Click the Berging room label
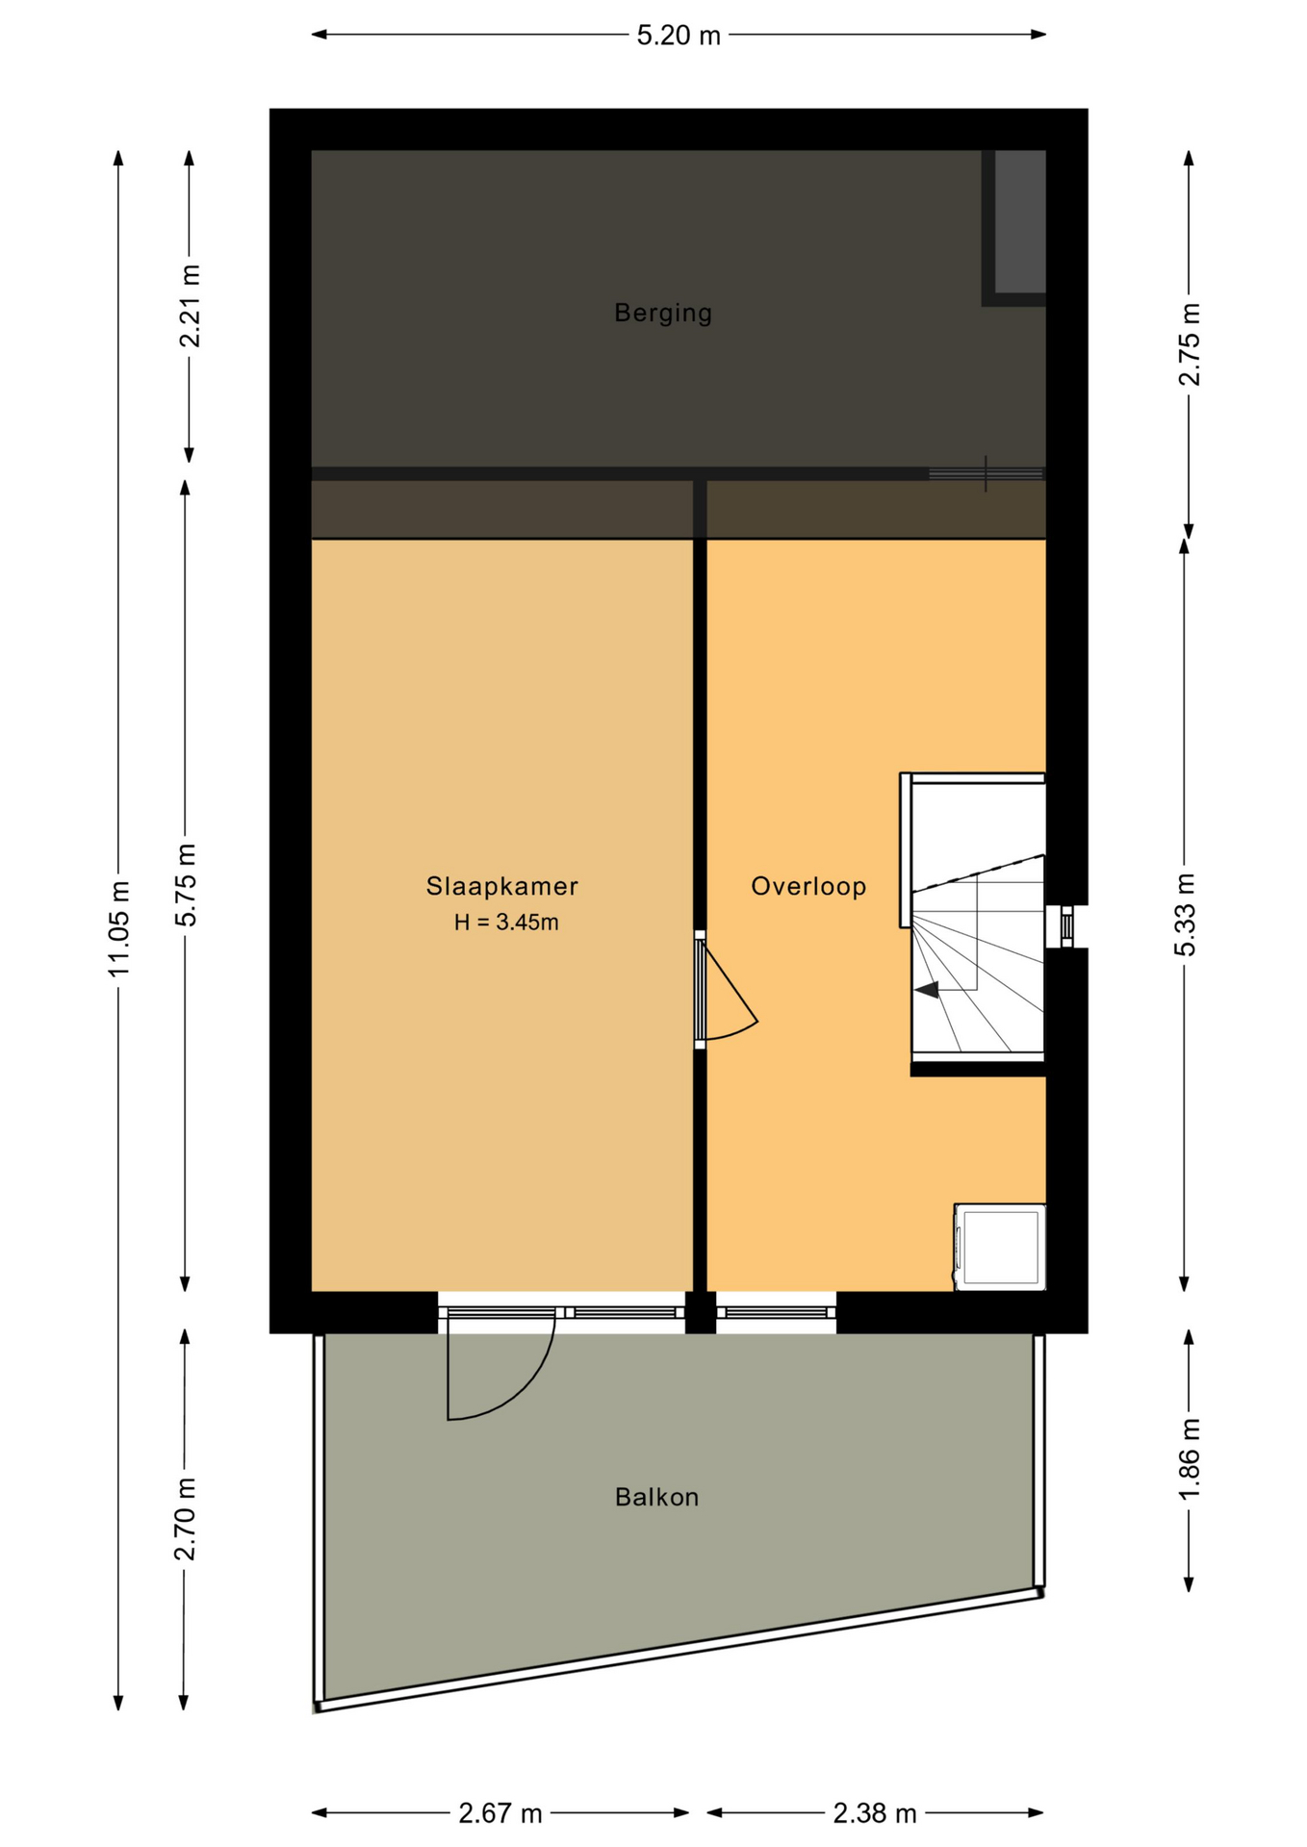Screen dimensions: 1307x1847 (x=663, y=314)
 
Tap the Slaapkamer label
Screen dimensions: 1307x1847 (x=502, y=886)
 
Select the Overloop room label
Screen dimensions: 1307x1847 (x=808, y=886)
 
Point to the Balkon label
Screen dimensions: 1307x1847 (x=656, y=1497)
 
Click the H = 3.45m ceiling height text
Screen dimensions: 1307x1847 (x=506, y=923)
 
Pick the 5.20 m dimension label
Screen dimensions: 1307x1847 (x=679, y=36)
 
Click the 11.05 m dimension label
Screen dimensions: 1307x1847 (x=118, y=928)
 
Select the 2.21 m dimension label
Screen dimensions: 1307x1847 (x=190, y=306)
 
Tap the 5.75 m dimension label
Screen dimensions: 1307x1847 (x=186, y=885)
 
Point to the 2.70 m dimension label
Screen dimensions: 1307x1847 (x=185, y=1520)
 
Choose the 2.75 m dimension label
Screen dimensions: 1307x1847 (x=1190, y=344)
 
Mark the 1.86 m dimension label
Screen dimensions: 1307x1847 (x=1190, y=1458)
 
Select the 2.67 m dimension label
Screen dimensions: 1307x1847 (x=500, y=1813)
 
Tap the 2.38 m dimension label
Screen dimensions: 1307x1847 (x=875, y=1813)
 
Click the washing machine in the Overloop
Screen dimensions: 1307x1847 (x=1000, y=1247)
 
